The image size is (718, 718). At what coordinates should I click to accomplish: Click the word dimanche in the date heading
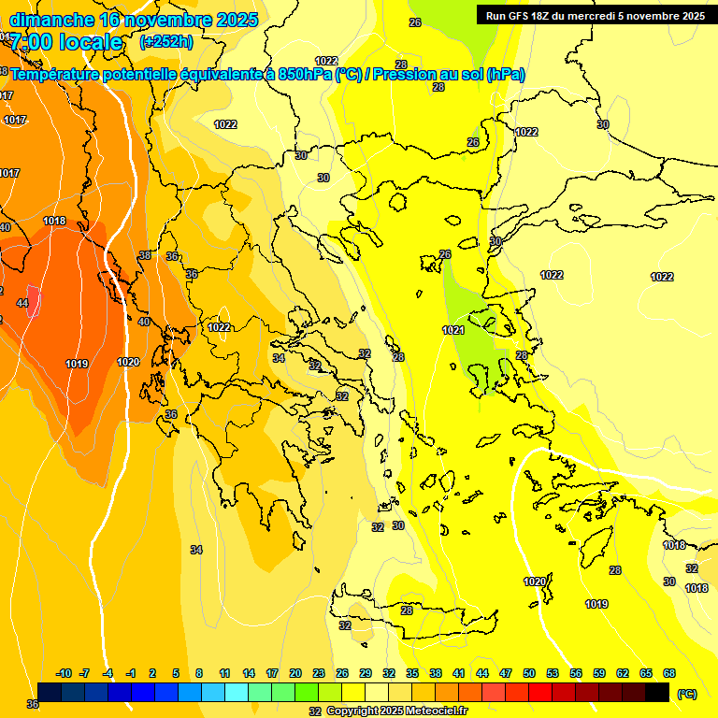point(51,20)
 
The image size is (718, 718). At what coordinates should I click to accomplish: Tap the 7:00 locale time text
point(66,42)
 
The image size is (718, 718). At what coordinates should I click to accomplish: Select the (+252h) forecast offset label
point(166,41)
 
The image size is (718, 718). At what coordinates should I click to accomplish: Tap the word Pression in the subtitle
point(414,75)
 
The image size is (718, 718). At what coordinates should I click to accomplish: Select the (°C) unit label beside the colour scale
point(686,694)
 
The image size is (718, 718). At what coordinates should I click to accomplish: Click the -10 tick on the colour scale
point(64,673)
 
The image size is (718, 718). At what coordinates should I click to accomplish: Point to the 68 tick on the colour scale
point(669,673)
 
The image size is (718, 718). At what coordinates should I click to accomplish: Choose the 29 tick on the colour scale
point(366,673)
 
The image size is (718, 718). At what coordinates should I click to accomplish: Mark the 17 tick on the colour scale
point(272,673)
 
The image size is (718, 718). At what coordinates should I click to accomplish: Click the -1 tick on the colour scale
point(131,673)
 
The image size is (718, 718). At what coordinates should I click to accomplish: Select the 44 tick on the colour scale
point(482,673)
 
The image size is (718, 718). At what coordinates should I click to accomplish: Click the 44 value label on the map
point(22,303)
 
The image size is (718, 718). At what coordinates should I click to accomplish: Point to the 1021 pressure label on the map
point(453,330)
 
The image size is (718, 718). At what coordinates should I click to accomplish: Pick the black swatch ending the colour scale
point(657,692)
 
